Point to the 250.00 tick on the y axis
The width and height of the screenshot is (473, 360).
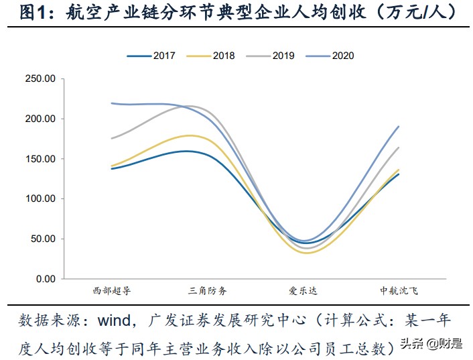click(40, 79)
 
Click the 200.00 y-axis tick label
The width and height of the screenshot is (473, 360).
click(40, 119)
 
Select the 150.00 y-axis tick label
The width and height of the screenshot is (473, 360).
click(40, 159)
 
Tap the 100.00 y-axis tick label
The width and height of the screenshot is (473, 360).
click(40, 199)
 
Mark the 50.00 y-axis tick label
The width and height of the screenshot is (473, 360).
click(42, 239)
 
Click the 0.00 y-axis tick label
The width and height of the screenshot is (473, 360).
click(45, 279)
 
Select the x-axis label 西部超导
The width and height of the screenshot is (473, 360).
click(111, 291)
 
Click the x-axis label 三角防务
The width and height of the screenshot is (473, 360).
click(208, 291)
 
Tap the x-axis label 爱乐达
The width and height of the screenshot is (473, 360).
click(303, 291)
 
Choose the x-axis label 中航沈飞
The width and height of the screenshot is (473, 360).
click(399, 291)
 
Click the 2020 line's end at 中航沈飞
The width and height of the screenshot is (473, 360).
click(399, 126)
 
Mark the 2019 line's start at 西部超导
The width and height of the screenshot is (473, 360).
click(111, 139)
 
